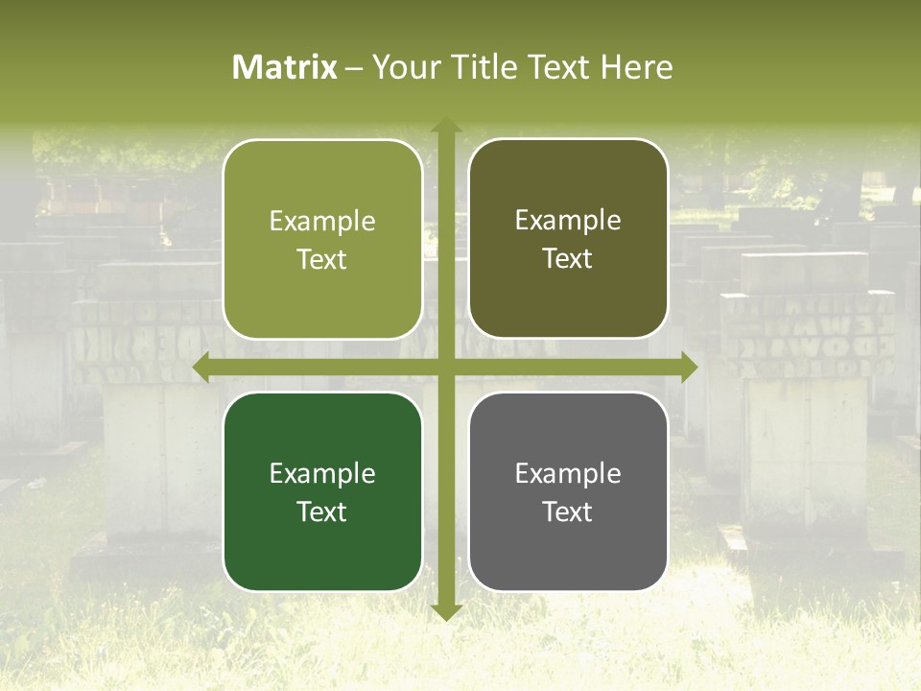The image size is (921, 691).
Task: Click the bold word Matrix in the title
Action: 285,67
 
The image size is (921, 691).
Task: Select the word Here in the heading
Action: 637,67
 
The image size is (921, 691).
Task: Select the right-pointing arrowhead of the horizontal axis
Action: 688,368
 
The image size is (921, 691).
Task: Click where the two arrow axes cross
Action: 445,368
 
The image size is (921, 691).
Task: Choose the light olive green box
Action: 322,240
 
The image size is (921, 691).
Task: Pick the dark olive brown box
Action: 568,239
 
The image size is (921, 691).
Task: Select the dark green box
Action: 322,492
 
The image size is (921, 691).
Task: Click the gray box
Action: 568,491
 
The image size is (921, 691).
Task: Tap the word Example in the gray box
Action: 568,473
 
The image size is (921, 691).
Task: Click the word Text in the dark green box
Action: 322,512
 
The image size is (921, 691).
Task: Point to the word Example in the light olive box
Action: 322,222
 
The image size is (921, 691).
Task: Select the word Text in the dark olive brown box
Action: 568,258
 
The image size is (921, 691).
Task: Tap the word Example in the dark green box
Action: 322,473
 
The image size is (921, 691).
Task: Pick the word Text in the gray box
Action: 568,512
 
